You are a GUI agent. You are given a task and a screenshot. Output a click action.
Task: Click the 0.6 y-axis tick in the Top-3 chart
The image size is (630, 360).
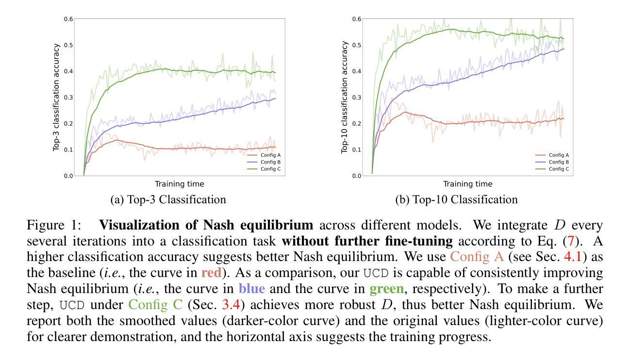tap(68, 19)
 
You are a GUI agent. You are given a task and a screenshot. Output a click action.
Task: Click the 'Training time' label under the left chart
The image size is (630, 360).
tap(179, 184)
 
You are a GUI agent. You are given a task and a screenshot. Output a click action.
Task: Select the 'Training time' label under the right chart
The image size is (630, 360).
tap(467, 184)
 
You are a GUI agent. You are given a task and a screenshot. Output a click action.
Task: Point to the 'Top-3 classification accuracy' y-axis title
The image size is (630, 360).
tap(57, 97)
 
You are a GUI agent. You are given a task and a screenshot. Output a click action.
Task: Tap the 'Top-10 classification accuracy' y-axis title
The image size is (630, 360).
tap(345, 97)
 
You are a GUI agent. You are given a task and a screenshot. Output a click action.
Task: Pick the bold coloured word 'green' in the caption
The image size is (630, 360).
tap(386, 289)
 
